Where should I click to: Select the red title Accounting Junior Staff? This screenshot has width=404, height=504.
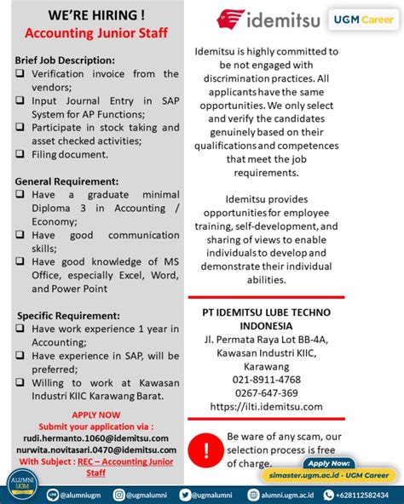[x=95, y=34]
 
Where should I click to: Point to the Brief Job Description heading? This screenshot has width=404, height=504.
[x=65, y=60]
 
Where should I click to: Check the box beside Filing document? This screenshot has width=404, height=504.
[x=20, y=154]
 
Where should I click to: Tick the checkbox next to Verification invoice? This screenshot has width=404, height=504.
[x=20, y=74]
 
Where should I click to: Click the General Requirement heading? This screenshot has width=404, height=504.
[x=67, y=181]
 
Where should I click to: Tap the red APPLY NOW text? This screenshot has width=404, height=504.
[x=95, y=415]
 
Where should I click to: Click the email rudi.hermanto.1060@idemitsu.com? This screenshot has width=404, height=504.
[x=95, y=438]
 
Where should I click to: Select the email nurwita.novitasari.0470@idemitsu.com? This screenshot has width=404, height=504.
[x=95, y=450]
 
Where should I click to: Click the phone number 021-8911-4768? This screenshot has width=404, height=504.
[x=266, y=379]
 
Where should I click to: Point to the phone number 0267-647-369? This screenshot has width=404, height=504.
[x=266, y=392]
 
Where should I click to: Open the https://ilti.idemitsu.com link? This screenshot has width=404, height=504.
[x=266, y=406]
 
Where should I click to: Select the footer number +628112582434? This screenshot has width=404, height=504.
[x=362, y=494]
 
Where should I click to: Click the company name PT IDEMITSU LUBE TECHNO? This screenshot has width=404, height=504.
[x=266, y=312]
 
